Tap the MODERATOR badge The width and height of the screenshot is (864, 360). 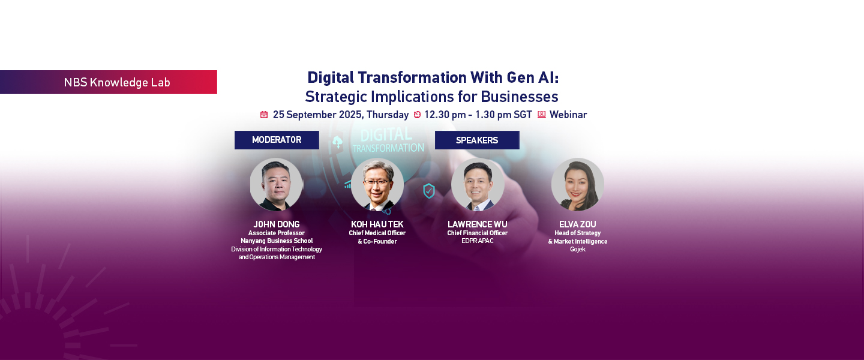coord(277,140)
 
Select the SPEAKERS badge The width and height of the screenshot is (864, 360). coord(477,140)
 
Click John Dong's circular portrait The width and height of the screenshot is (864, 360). coord(276,184)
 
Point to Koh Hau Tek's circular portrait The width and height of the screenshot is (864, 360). coord(377,184)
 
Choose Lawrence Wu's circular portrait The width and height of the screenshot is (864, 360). coord(478,184)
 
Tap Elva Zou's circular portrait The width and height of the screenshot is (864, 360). coord(577,184)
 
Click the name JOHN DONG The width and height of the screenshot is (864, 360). coord(277,224)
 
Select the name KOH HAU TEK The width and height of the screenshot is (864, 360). coord(377,224)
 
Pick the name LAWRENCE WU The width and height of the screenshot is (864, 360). coord(478,224)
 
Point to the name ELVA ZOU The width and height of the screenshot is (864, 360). coord(578,224)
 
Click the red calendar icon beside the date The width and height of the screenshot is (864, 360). coord(264,115)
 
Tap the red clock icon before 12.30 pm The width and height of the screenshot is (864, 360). coord(417,115)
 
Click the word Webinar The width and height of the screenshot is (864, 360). coord(568,115)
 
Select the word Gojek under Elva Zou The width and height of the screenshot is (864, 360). coord(578,249)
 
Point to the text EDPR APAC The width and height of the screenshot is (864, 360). coord(478,241)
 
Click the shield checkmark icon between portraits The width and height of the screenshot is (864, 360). coord(429,191)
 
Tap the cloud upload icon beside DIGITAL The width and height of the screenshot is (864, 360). coord(337,142)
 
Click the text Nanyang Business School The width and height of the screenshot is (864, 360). coord(277,241)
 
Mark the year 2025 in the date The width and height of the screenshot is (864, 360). coord(350,115)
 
